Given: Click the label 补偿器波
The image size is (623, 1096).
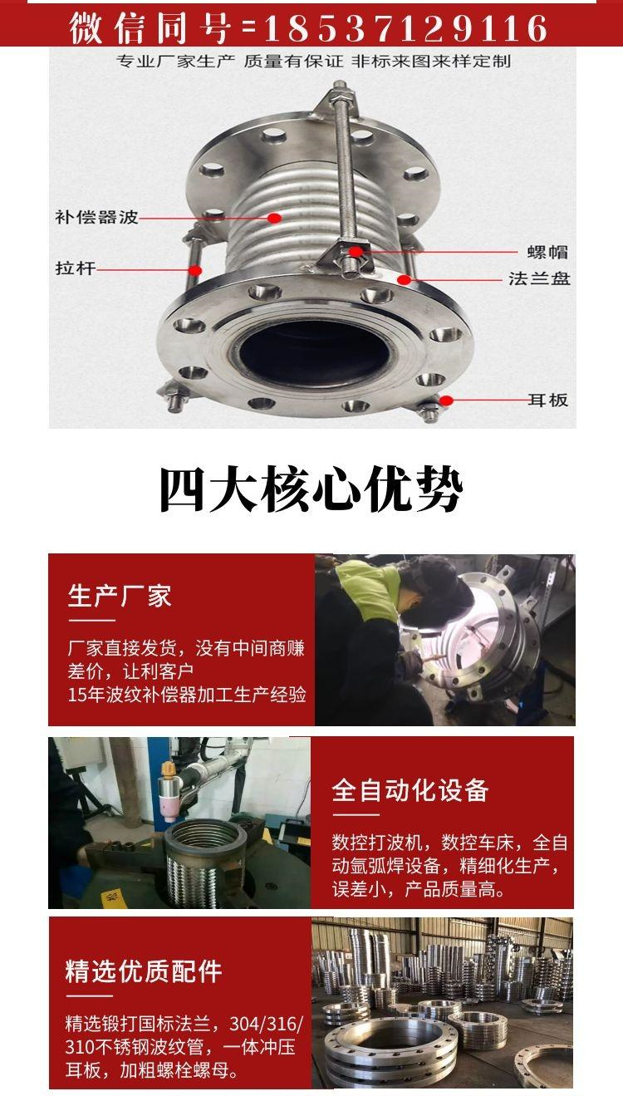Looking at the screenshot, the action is pyautogui.click(x=97, y=217).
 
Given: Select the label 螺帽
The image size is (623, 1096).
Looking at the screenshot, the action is pyautogui.click(x=547, y=252).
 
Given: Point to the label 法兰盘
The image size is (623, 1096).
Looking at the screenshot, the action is pyautogui.click(x=539, y=278).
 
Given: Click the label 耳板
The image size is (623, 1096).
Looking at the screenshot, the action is pyautogui.click(x=547, y=400).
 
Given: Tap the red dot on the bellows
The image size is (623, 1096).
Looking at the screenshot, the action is pyautogui.click(x=274, y=217).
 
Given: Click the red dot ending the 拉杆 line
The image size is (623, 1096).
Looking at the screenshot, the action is pyautogui.click(x=195, y=269).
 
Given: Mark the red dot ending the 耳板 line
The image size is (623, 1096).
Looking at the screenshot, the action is pyautogui.click(x=446, y=400).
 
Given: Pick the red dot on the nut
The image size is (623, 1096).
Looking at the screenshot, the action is pyautogui.click(x=356, y=252).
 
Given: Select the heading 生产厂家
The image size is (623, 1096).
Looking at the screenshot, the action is pyautogui.click(x=120, y=596).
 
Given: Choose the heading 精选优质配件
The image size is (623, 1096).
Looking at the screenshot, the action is pyautogui.click(x=143, y=971).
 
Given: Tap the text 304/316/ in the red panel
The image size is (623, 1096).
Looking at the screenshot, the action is pyautogui.click(x=266, y=1023).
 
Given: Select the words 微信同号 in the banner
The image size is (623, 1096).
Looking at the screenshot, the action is pyautogui.click(x=149, y=28).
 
